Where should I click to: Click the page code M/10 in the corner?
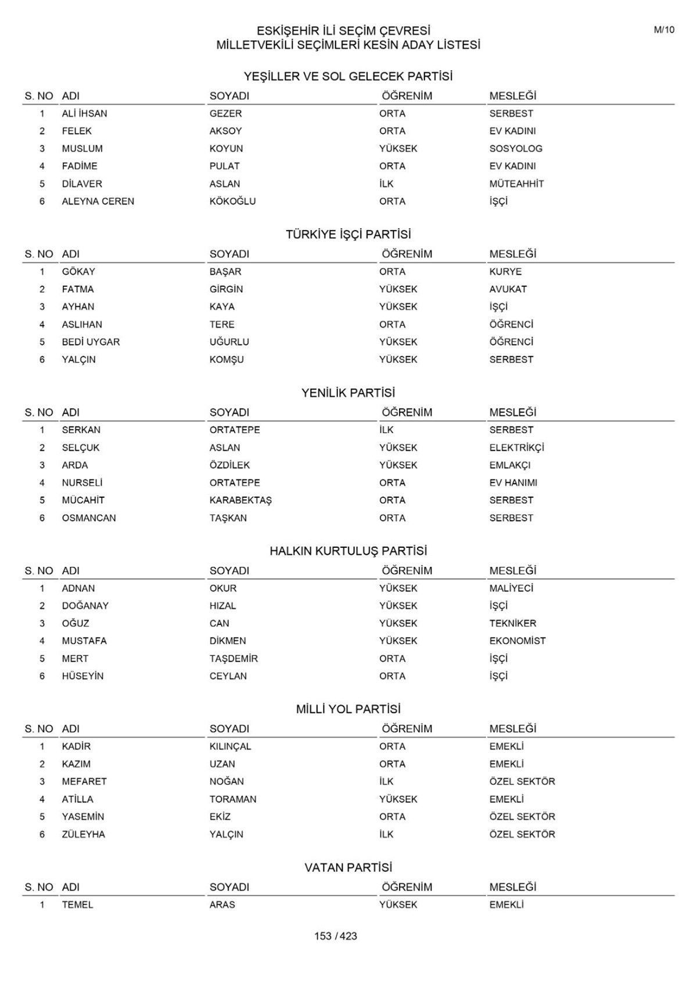click(x=664, y=30)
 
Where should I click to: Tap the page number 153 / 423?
click(x=335, y=936)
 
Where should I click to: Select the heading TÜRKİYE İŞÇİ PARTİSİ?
click(x=348, y=235)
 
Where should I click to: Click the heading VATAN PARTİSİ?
click(x=348, y=867)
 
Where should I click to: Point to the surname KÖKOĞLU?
click(x=232, y=202)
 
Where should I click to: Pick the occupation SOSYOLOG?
click(x=515, y=149)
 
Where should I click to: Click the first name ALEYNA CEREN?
click(x=98, y=202)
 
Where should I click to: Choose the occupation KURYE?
click(x=505, y=272)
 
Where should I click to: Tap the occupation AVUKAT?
click(x=508, y=289)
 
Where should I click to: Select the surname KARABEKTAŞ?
click(x=240, y=500)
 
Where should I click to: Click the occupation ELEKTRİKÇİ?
click(x=516, y=448)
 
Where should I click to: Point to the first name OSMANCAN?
click(x=89, y=518)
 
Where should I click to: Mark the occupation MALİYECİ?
click(x=511, y=588)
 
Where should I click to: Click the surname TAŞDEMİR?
click(x=233, y=659)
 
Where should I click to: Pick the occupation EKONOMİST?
click(x=517, y=641)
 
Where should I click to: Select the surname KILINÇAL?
click(x=230, y=746)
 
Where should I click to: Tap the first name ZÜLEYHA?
click(x=83, y=834)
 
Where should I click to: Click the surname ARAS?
click(x=222, y=905)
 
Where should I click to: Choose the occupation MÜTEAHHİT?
click(x=516, y=184)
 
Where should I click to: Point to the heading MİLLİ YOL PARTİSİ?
click(x=348, y=709)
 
